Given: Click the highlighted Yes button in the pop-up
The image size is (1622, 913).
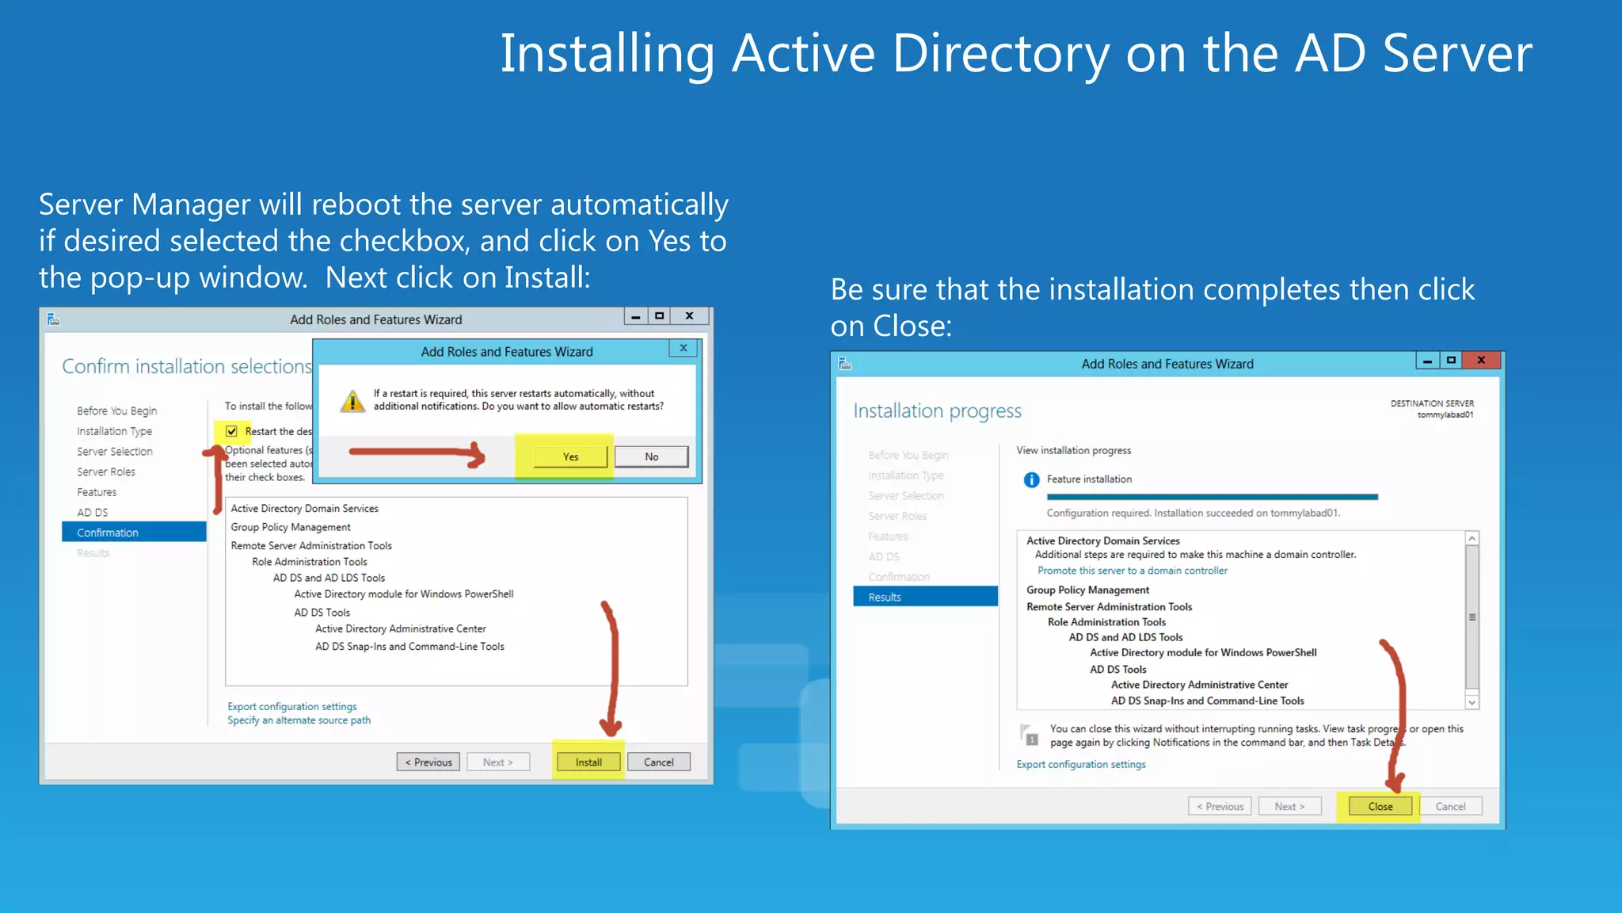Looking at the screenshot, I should pyautogui.click(x=570, y=456).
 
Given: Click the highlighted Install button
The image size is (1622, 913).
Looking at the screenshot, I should pyautogui.click(x=588, y=762).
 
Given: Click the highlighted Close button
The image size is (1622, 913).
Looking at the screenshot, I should pyautogui.click(x=1380, y=807).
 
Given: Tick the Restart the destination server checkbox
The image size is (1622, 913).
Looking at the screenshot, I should pyautogui.click(x=231, y=431).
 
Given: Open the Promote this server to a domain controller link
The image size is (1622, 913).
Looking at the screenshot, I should pyautogui.click(x=1132, y=571).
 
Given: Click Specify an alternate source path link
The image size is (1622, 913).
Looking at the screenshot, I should pyautogui.click(x=299, y=720).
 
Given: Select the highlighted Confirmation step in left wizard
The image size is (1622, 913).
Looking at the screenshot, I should pyautogui.click(x=134, y=533).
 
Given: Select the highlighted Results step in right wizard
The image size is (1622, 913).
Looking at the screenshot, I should pyautogui.click(x=925, y=597).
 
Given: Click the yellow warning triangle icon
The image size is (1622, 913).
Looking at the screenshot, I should pyautogui.click(x=352, y=401).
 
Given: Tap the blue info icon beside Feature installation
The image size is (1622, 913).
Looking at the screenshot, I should pyautogui.click(x=1031, y=479).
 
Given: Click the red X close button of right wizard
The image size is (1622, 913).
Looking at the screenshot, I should pyautogui.click(x=1481, y=361).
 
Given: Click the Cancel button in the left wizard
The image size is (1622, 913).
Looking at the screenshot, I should pyautogui.click(x=658, y=762).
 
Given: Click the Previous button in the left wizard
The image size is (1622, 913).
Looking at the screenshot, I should pyautogui.click(x=428, y=762).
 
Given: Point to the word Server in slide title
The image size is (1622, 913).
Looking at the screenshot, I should pyautogui.click(x=1457, y=54).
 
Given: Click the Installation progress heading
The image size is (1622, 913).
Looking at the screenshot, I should pyautogui.click(x=937, y=411).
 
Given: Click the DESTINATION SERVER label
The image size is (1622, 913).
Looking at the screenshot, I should pyautogui.click(x=1432, y=403).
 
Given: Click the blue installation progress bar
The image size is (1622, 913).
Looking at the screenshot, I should pyautogui.click(x=1212, y=497).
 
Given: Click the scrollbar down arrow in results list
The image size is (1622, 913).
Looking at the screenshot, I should pyautogui.click(x=1472, y=702).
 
